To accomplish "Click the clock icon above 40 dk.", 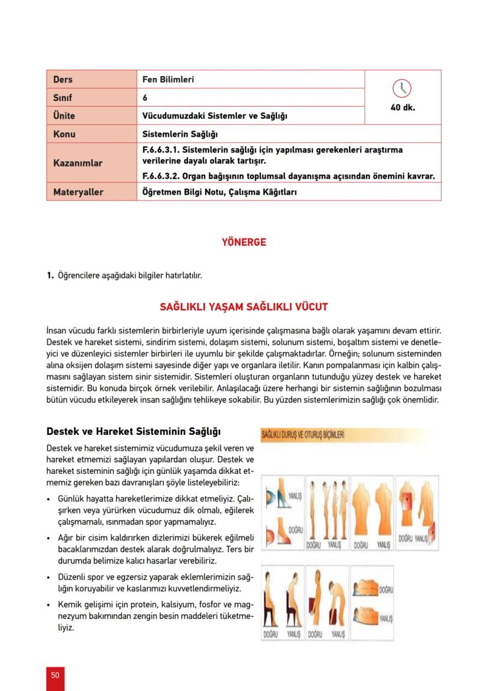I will (x=402, y=88).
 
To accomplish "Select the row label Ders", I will (x=63, y=79).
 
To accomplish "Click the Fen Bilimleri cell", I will (x=168, y=79).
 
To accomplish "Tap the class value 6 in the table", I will (x=146, y=97).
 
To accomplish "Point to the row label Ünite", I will (x=64, y=116).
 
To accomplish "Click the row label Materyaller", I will (x=78, y=192).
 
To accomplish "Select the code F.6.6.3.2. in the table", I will (x=161, y=176).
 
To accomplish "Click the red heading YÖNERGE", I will (x=243, y=242).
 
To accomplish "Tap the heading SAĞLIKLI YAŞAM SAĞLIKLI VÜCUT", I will (x=243, y=307).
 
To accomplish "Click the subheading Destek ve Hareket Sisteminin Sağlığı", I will (x=134, y=431).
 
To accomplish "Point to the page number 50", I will (x=55, y=675).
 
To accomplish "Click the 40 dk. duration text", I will (x=403, y=108).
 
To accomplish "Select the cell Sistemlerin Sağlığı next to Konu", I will (x=180, y=134).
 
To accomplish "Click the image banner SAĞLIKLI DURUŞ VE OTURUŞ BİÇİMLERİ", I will (x=303, y=435).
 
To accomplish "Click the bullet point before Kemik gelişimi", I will (x=49, y=605).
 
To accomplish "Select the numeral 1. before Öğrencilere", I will (x=50, y=275).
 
